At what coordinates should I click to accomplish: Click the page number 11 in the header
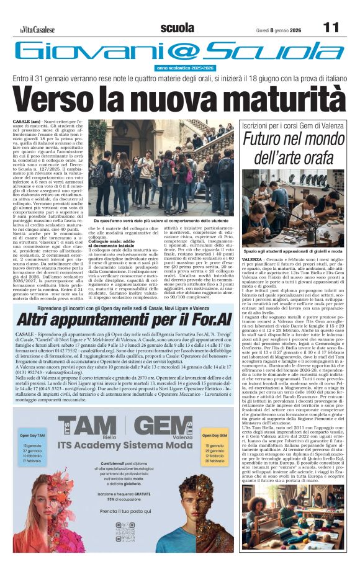click(x=331, y=28)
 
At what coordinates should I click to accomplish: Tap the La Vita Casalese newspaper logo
click(x=35, y=29)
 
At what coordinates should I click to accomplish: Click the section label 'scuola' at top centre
click(x=176, y=28)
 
